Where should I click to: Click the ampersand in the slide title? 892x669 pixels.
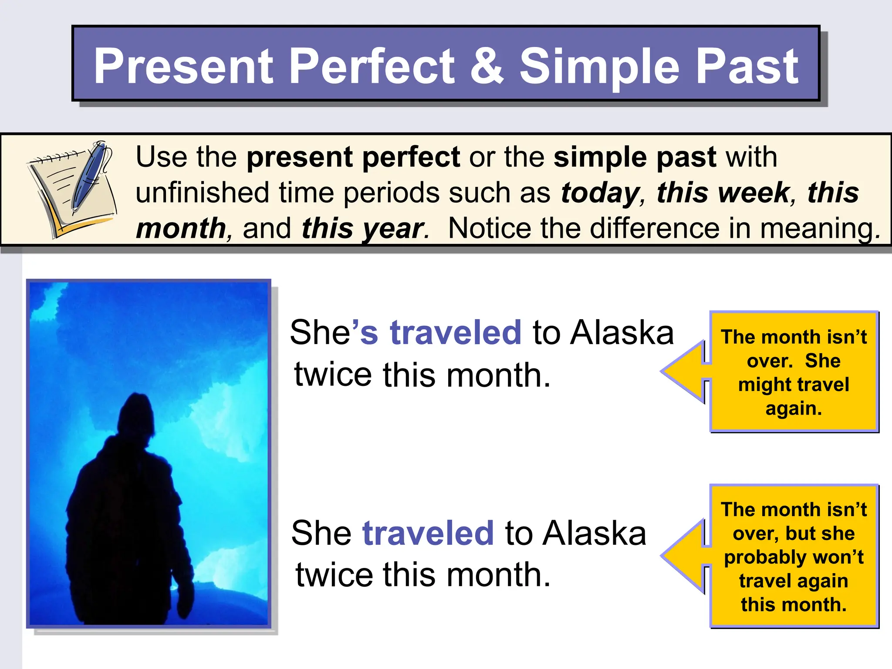[487, 66]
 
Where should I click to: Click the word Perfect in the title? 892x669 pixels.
[371, 66]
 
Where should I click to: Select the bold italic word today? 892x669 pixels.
[600, 193]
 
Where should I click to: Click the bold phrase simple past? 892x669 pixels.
[635, 157]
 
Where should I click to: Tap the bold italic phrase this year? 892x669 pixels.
[362, 228]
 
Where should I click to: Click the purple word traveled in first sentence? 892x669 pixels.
[455, 333]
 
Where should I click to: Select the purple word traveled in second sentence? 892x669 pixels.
[428, 533]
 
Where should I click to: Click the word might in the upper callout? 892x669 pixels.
[758, 385]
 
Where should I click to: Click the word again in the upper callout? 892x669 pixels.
[793, 409]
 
